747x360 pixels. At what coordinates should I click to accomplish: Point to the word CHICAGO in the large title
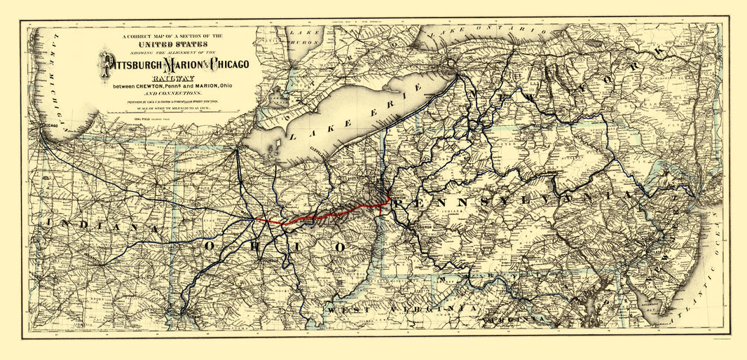[223, 64]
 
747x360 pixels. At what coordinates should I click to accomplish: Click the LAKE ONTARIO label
[491, 32]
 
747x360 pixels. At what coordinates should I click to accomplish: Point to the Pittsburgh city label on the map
[423, 228]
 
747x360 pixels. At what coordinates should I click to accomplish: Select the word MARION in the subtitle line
[214, 86]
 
